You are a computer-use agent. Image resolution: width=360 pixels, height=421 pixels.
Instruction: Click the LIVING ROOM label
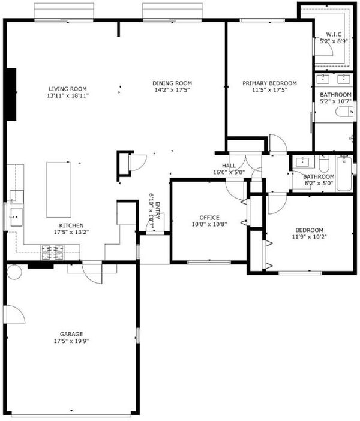pos(68,89)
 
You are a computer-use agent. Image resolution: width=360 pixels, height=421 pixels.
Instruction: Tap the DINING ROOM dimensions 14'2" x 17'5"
pos(172,90)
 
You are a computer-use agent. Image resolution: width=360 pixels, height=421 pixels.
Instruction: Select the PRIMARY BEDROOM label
pos(270,83)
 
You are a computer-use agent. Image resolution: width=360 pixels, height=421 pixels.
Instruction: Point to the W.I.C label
pos(334,34)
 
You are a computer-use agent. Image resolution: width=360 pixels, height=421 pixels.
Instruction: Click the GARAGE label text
pos(71,334)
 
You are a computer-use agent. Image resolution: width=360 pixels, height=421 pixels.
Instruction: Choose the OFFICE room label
pos(209,218)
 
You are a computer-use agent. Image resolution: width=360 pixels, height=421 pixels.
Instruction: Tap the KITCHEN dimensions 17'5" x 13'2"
pos(71,232)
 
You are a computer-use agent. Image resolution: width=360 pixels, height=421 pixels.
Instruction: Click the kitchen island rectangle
pos(59,190)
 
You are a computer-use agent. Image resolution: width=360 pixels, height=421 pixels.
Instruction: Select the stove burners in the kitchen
pos(52,252)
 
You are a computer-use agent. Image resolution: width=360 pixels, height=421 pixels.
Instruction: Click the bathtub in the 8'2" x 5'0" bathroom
pos(344,173)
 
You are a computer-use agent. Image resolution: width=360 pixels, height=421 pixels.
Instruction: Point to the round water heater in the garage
pos(14,272)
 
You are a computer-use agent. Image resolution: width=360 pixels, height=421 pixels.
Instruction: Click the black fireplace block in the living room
pos(11,94)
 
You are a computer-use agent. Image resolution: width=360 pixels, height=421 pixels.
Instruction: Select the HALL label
pos(229,166)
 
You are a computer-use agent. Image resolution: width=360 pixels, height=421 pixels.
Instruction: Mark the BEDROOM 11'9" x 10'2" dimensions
pos(309,237)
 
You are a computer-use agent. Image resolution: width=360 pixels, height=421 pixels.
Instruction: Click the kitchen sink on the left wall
pos(16,216)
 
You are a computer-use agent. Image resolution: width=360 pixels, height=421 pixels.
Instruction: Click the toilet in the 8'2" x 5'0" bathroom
pos(323,164)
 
